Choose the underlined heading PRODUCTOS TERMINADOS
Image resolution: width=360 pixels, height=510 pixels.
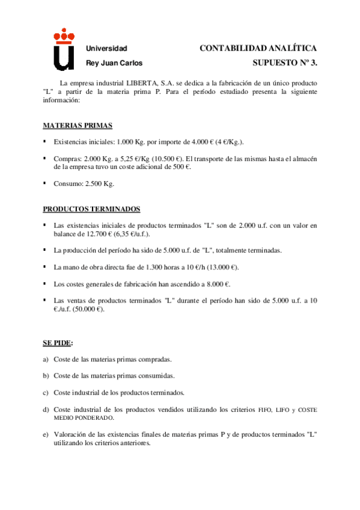(x=91, y=209)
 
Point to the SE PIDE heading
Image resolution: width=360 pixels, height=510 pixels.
(x=58, y=343)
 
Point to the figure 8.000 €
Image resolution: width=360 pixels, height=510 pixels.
(x=218, y=283)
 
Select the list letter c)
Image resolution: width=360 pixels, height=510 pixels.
(x=45, y=393)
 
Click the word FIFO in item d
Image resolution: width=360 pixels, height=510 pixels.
(x=265, y=410)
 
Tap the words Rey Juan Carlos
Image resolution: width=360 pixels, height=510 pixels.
(x=114, y=63)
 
